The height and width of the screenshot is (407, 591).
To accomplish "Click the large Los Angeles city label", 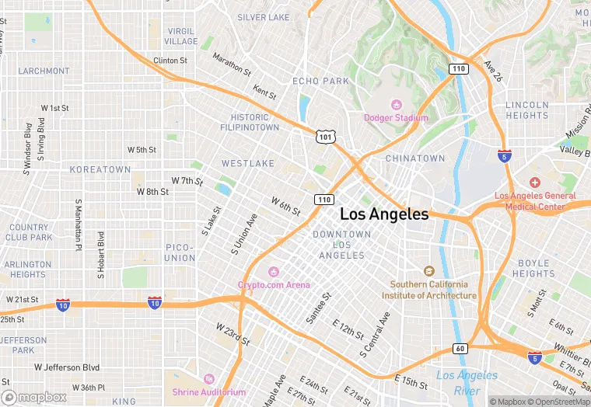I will (384, 214).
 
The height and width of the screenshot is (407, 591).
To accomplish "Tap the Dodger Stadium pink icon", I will (396, 105).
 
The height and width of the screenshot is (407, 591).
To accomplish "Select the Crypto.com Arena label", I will (273, 284).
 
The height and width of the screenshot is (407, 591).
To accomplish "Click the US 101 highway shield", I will (325, 137).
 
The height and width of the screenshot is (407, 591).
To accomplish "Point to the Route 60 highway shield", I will (460, 349).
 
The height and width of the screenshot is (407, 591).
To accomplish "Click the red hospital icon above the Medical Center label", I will (535, 181).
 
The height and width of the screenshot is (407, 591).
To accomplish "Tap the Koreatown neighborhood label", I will (100, 169).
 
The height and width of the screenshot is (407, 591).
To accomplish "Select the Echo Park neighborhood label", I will (320, 81).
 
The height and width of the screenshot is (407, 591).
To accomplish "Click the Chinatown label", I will (415, 158).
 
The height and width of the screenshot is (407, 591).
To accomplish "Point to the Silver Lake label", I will (263, 17).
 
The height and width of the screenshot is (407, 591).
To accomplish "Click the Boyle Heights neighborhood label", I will (533, 268).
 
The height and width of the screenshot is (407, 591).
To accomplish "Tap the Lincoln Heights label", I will (526, 110).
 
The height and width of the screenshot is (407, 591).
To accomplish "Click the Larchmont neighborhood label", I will (44, 71).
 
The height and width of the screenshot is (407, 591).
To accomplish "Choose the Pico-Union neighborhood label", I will (180, 252).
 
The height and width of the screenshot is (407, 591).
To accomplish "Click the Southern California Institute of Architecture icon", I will (428, 271).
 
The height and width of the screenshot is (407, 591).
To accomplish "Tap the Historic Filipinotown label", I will (250, 122).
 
